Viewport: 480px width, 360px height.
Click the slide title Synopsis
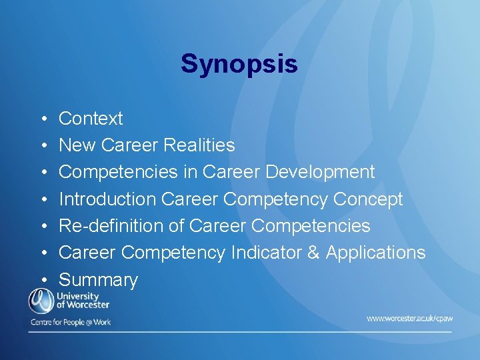pos(239,64)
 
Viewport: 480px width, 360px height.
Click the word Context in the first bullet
pos(91,119)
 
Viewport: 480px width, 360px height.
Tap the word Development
pos(320,172)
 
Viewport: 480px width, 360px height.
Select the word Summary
pos(98,280)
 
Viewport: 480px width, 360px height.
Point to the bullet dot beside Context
pos(42,119)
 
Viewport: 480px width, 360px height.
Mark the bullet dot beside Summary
pos(42,281)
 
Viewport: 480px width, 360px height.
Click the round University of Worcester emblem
pos(40,301)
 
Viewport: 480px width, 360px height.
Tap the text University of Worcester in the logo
pos(83,301)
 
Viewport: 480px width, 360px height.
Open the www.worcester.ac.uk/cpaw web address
pos(409,319)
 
